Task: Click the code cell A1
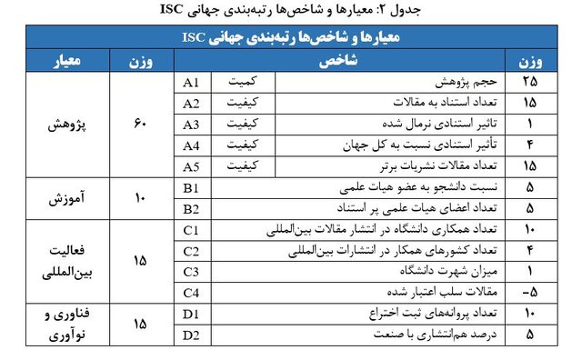[191, 83]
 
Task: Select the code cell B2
[191, 208]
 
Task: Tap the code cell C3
[191, 271]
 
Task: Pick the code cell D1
[191, 314]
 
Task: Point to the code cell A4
[191, 145]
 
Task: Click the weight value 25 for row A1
[530, 83]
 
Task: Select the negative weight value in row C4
[529, 293]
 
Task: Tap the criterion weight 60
[140, 124]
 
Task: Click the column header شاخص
[344, 62]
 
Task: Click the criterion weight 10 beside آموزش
[140, 197]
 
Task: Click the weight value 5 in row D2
[530, 335]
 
